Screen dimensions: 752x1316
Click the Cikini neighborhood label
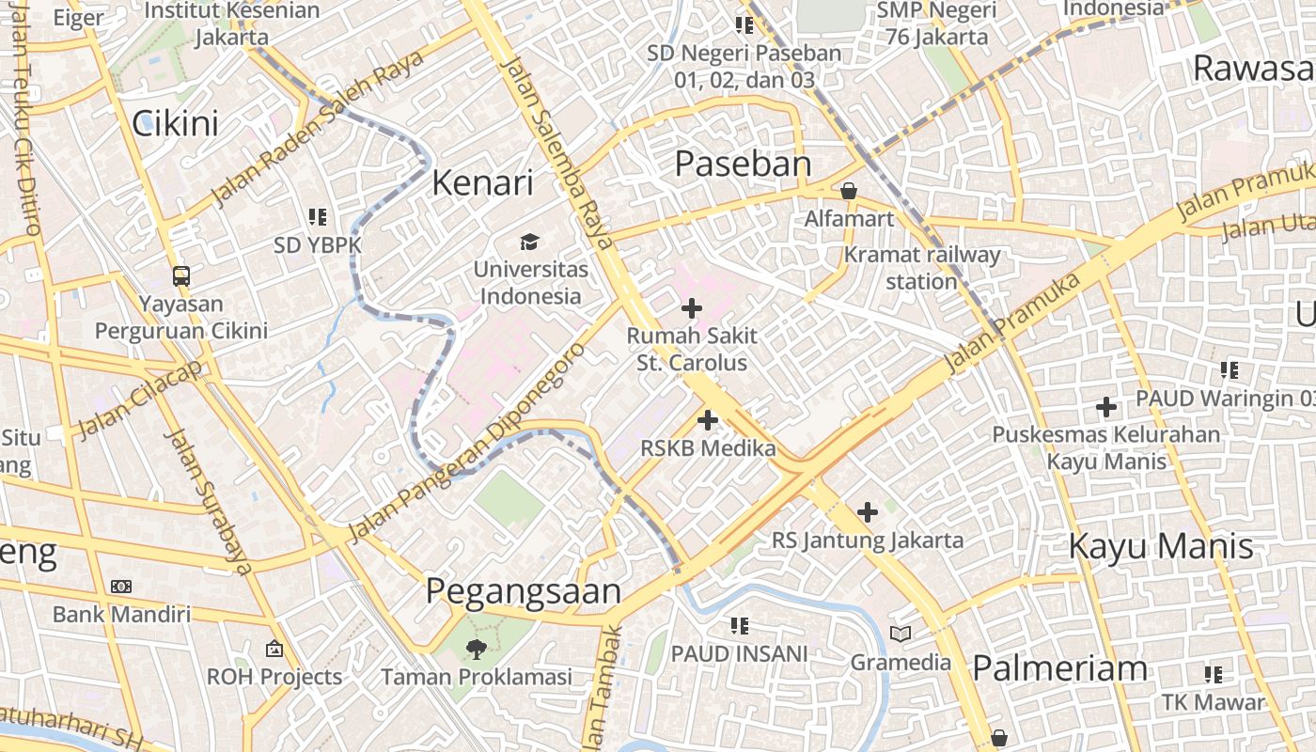pos(175,123)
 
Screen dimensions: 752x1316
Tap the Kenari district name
pos(482,182)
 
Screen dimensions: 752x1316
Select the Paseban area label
pos(743,164)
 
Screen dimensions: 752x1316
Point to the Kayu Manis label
pos(1161,546)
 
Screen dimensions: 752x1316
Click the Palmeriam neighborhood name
pos(1059,668)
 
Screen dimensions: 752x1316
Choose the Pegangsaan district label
pos(524,591)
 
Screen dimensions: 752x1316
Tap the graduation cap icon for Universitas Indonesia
pos(530,242)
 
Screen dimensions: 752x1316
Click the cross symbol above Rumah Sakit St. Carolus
pos(692,307)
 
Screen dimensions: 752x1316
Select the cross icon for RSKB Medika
pos(708,420)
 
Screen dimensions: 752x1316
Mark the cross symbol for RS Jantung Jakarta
pos(868,512)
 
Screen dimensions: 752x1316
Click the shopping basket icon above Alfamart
pos(849,191)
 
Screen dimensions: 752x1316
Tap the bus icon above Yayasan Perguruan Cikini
pos(181,276)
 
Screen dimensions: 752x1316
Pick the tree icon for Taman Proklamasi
pos(477,649)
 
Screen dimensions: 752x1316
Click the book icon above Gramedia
pos(901,634)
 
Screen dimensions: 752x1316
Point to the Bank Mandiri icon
pos(121,587)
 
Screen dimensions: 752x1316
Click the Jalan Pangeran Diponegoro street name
pos(466,443)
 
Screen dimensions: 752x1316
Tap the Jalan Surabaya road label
pos(209,500)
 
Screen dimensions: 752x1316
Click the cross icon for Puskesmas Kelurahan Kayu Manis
pos(1106,407)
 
